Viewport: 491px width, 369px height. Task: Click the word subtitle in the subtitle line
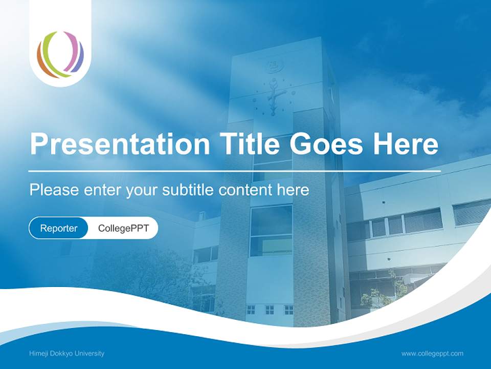[x=188, y=190]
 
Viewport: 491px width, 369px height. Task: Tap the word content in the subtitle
[x=245, y=190]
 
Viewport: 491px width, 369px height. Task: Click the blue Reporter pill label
[x=59, y=228]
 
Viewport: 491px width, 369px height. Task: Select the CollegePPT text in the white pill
[x=123, y=228]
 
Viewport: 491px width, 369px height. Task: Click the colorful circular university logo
[x=60, y=54]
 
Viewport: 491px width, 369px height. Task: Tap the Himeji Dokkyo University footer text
[x=67, y=354]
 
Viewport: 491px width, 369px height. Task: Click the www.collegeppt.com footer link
[x=432, y=354]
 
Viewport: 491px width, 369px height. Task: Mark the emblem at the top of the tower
[x=272, y=66]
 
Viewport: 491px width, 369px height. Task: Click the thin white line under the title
[x=234, y=171]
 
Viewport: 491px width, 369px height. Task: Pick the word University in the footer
[x=91, y=354]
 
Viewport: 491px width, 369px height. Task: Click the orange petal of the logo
[x=42, y=60]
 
